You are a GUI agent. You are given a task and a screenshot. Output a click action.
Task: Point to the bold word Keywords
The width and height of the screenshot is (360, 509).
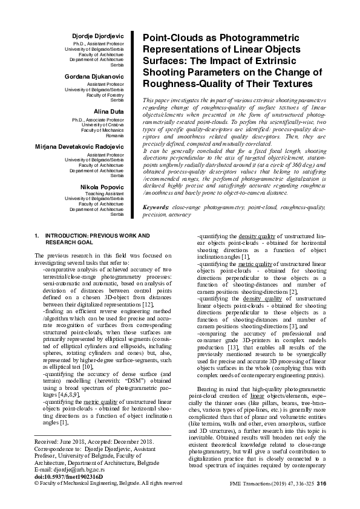155,207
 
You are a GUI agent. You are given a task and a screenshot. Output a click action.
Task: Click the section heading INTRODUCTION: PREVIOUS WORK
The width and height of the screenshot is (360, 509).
89,235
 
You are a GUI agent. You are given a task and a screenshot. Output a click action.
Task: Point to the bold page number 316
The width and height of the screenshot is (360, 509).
321,484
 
